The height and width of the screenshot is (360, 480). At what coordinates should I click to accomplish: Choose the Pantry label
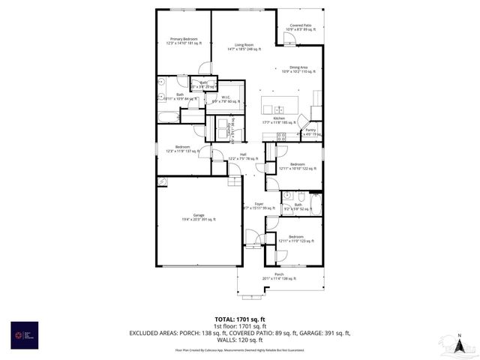point(310,131)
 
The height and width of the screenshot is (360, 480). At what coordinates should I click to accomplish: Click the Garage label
point(199,217)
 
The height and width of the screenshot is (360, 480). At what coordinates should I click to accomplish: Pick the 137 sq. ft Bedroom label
point(183,148)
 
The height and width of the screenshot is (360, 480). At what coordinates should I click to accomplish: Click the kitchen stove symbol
point(281,136)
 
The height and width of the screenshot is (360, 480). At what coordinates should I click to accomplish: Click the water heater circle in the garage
point(161,181)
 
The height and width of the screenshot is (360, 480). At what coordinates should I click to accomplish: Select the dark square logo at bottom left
point(21,333)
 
